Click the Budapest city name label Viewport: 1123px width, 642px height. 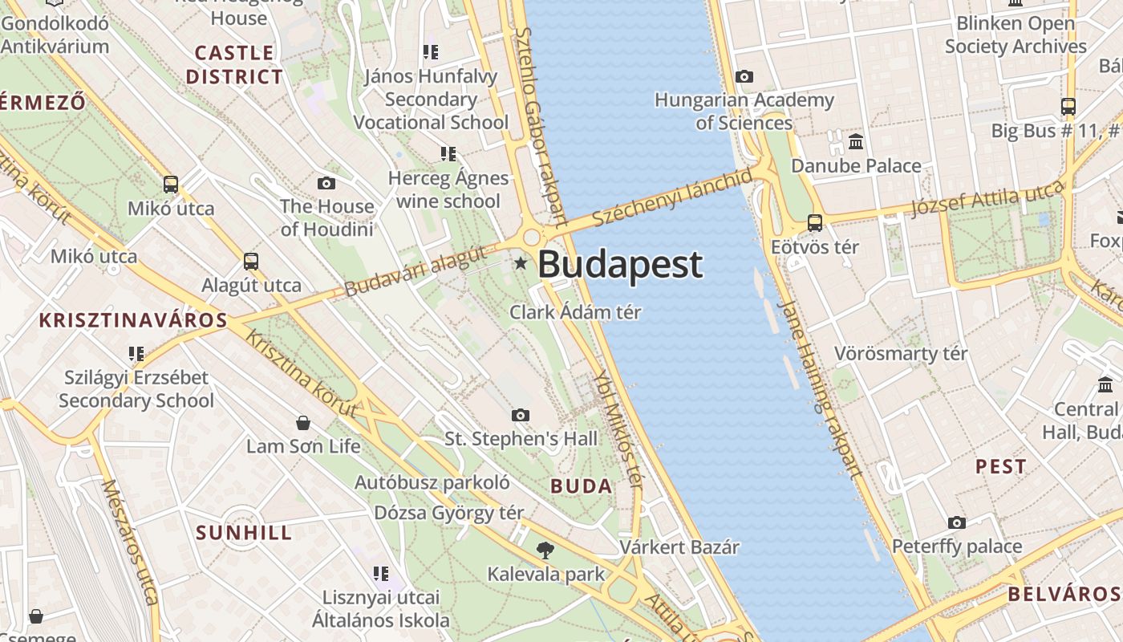tap(620, 265)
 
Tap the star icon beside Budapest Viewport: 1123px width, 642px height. tap(521, 262)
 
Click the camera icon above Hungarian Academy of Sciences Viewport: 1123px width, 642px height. tap(744, 77)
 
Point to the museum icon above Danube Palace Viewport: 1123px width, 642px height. tap(856, 142)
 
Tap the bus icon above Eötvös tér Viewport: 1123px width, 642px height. tap(815, 223)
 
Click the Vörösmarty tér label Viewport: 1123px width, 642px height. tap(901, 354)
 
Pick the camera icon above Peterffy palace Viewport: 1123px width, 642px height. tap(957, 523)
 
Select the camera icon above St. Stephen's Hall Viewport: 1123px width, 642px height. tap(521, 415)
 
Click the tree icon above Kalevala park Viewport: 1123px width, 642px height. tap(545, 551)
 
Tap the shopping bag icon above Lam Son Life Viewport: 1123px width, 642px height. tap(303, 422)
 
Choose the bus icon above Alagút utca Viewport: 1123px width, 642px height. tap(251, 262)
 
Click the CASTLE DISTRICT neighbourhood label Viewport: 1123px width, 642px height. tap(234, 65)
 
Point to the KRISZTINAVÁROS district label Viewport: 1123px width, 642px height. tap(134, 320)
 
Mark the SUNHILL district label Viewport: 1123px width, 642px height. tap(244, 533)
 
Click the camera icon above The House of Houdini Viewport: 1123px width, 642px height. tap(326, 183)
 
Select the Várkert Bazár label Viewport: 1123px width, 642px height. tap(679, 547)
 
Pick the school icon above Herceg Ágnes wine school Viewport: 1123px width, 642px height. tap(448, 153)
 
